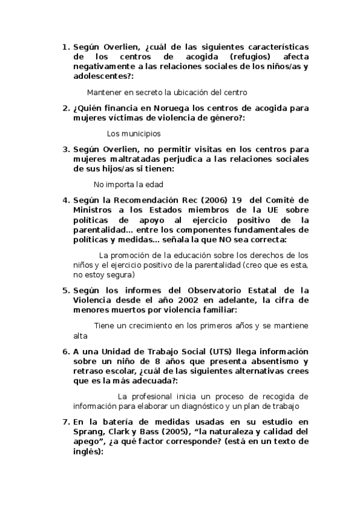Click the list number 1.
(x=66, y=46)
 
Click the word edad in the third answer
(x=155, y=185)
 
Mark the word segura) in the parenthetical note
(x=119, y=275)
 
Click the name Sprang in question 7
(x=88, y=432)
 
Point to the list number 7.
(x=66, y=422)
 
